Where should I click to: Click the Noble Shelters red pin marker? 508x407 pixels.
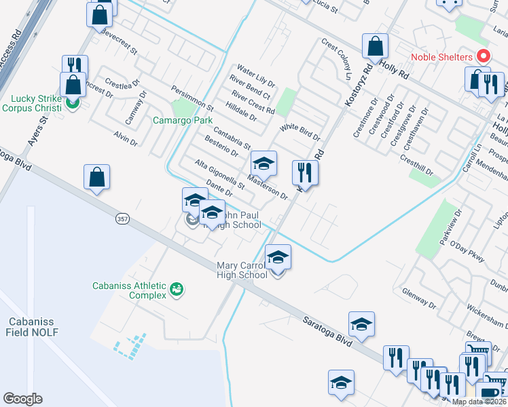pyautogui.click(x=484, y=56)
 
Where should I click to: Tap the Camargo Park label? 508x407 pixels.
pyautogui.click(x=183, y=120)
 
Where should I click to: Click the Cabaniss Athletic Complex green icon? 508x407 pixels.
pyautogui.click(x=177, y=290)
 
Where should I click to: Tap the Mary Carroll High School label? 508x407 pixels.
pyautogui.click(x=242, y=270)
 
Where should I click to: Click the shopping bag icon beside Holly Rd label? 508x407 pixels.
pyautogui.click(x=375, y=46)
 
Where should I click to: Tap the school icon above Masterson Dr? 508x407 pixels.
pyautogui.click(x=264, y=163)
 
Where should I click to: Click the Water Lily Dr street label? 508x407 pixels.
pyautogui.click(x=255, y=76)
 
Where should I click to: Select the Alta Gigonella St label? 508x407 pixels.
pyautogui.click(x=219, y=174)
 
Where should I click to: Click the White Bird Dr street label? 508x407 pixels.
pyautogui.click(x=300, y=132)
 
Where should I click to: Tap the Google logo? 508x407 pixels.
pyautogui.click(x=23, y=399)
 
